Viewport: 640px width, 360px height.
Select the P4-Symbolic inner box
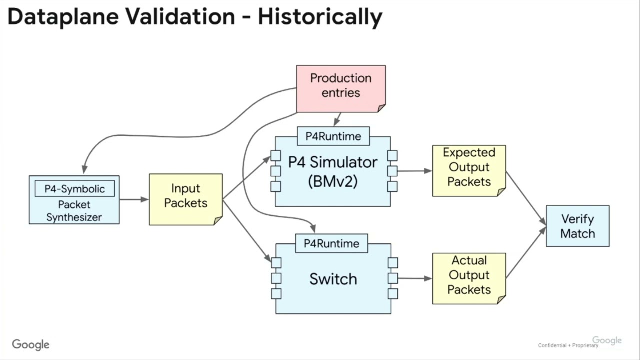point(74,189)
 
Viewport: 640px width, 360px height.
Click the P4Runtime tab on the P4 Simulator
point(333,136)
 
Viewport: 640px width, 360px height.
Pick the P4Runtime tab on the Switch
point(332,243)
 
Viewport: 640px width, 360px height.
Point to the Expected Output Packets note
point(469,170)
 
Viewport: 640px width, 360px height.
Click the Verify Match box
point(577,226)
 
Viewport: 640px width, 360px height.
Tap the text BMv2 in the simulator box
point(333,181)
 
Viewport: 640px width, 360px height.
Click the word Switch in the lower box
point(333,279)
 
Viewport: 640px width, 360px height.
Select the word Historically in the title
point(320,17)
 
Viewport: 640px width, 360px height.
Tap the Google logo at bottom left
point(31,345)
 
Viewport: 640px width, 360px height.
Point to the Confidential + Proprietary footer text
point(568,345)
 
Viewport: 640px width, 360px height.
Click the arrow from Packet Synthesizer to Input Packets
point(134,199)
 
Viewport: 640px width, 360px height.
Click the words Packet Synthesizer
point(74,211)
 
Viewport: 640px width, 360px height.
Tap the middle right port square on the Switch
point(393,278)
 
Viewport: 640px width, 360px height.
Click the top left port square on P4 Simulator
point(276,155)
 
